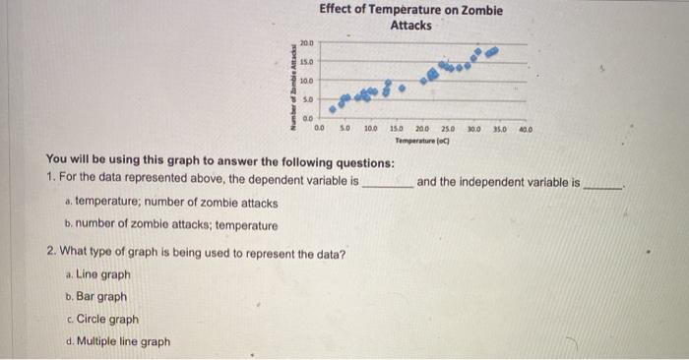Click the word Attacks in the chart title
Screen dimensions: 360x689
click(410, 26)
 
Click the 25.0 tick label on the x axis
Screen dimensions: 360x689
click(447, 129)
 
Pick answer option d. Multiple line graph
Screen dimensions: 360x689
click(116, 342)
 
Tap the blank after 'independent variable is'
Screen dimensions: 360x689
click(601, 184)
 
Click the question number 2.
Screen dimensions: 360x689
click(51, 253)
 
